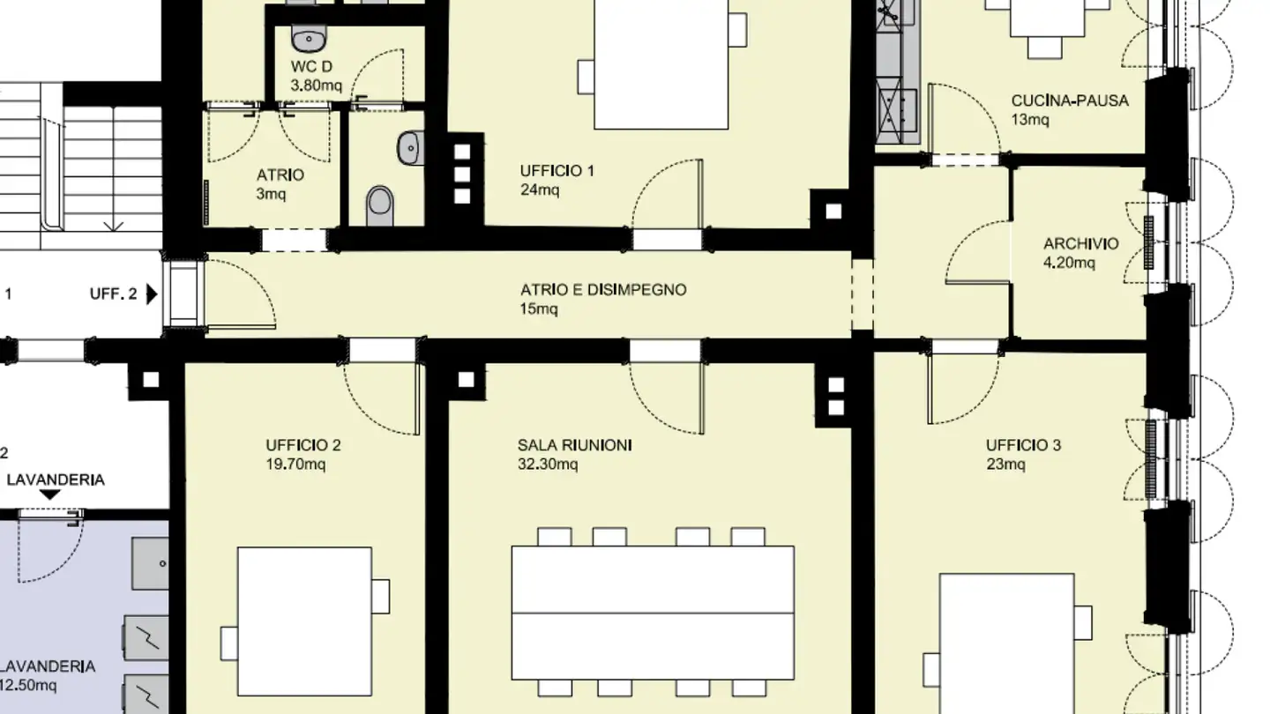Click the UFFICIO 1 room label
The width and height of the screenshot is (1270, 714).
tap(557, 171)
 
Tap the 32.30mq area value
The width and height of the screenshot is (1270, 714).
tap(548, 465)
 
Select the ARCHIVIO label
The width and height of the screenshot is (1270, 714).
tap(1080, 244)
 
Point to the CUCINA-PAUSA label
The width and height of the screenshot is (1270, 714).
tap(1069, 100)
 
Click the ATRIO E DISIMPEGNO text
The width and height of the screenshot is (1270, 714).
tap(602, 290)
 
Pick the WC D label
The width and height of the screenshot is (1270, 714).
tap(311, 68)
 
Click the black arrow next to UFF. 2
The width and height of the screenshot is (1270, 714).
tap(152, 294)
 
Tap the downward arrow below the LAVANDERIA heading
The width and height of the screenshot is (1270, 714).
tap(50, 495)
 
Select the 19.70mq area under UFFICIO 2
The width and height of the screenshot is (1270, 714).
tap(295, 465)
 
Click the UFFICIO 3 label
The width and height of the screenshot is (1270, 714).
tap(1023, 445)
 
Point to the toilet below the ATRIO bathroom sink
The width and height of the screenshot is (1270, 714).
tap(380, 203)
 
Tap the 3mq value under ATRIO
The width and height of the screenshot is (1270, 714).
tap(271, 194)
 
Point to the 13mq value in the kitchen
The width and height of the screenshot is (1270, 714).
tap(1030, 120)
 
